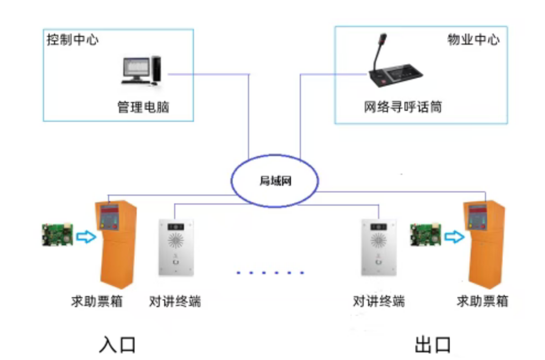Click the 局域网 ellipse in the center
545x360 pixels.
(274, 181)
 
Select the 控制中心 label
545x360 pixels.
(73, 40)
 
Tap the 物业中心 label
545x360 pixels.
(473, 40)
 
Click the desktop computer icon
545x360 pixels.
(142, 70)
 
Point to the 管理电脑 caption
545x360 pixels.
(143, 107)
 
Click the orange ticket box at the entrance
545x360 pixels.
(116, 243)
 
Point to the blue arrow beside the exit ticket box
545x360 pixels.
(454, 237)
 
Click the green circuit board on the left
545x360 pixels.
(57, 234)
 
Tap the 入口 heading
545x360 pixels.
(117, 344)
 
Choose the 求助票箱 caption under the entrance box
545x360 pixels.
(97, 302)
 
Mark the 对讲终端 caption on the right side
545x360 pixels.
(379, 302)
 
